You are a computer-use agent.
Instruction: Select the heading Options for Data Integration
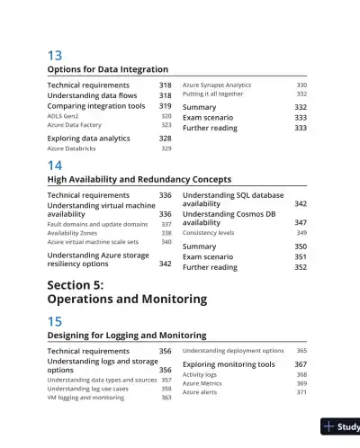pos(107,69)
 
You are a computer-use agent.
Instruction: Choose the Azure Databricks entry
pos(71,148)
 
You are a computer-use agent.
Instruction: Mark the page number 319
pos(166,105)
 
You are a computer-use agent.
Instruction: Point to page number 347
pos(301,223)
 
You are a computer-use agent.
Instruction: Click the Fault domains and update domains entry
pos(97,224)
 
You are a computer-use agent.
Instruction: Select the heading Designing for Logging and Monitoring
pos(127,335)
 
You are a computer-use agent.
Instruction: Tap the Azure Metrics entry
pos(203,383)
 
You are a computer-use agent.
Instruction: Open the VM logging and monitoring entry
pos(85,397)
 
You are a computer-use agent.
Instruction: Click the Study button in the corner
pos(343,427)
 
